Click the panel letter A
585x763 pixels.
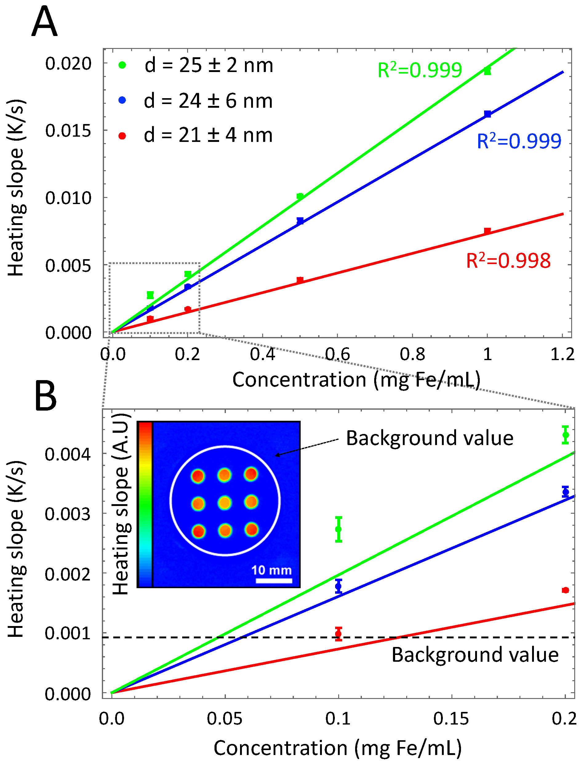(44, 22)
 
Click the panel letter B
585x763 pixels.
(46, 396)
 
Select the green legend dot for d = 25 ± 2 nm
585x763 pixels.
(122, 65)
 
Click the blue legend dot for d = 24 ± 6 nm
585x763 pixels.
(122, 101)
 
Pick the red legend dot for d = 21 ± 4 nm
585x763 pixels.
(122, 136)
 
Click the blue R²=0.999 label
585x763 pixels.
(519, 141)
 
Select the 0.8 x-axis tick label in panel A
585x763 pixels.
(412, 355)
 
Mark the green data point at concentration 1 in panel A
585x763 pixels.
(487, 71)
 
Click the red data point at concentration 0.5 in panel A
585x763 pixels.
(300, 280)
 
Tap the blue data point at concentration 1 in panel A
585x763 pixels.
(487, 114)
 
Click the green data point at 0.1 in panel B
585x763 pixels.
(338, 529)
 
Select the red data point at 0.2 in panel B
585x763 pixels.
(565, 590)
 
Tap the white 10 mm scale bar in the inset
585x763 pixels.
(274, 580)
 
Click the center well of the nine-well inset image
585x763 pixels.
(225, 503)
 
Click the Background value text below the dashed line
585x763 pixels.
(475, 655)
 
